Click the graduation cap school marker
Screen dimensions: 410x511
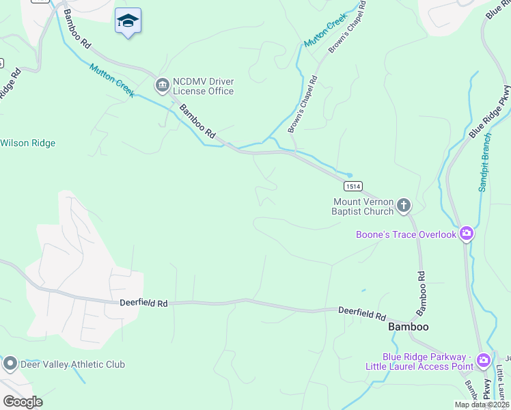128,22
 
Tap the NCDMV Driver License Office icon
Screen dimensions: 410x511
163,85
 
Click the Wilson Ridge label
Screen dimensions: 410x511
28,143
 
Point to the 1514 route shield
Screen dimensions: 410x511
353,186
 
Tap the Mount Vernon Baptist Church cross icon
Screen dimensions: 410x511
404,205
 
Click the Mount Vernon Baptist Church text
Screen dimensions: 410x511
363,206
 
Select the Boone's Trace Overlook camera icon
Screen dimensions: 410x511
467,234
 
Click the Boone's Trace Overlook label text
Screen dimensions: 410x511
406,235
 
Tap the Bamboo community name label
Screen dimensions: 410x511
408,327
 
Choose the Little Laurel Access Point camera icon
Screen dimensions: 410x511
484,360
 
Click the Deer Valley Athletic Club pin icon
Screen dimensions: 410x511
10,364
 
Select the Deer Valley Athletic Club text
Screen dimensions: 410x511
73,365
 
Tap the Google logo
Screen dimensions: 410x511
22,401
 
